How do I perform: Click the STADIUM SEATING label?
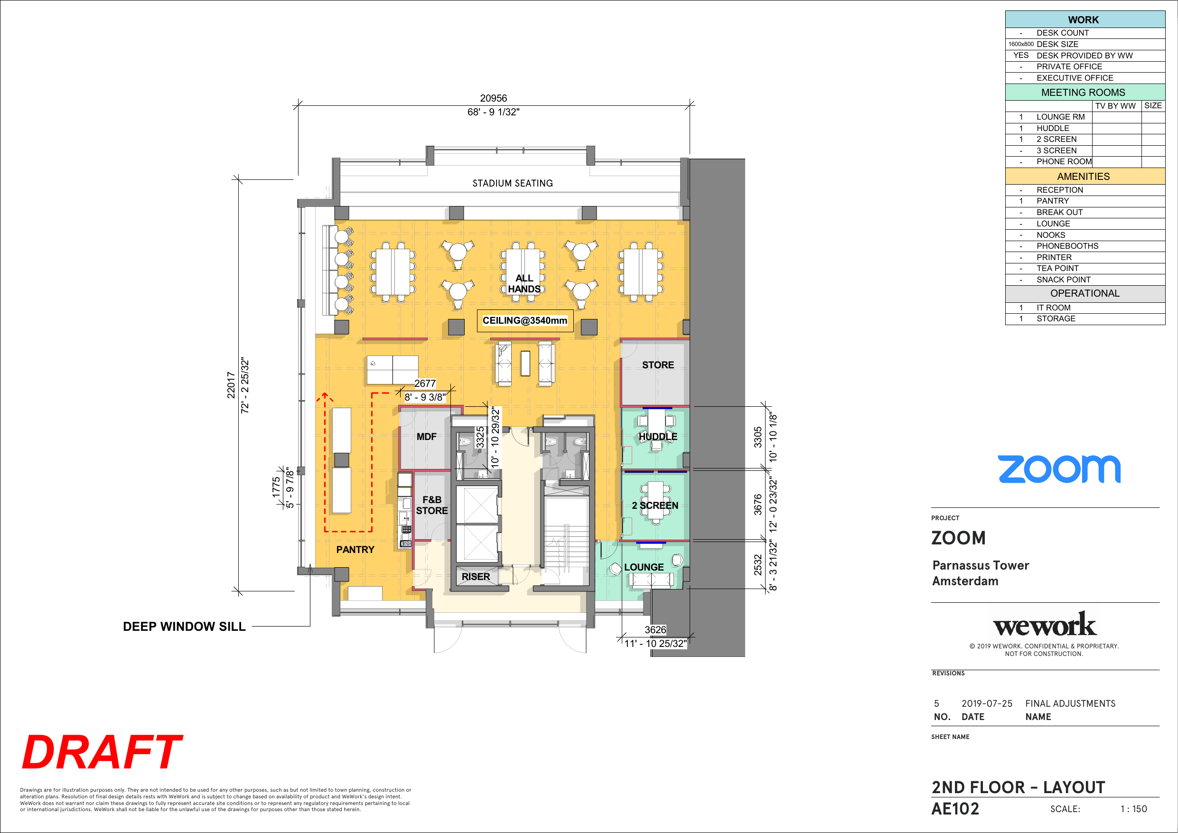(x=513, y=183)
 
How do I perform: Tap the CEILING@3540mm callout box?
(x=525, y=321)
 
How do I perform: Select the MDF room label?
(x=426, y=437)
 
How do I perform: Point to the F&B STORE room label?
(x=431, y=505)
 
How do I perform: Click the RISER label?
(x=476, y=576)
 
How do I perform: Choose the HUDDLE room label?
(x=658, y=437)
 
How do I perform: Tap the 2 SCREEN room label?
(x=654, y=505)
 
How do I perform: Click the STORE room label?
(x=658, y=365)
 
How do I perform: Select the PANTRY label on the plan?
(x=355, y=550)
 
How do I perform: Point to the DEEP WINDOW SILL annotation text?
(x=184, y=626)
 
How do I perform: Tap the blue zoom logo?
(x=1059, y=469)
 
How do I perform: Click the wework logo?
(x=1045, y=624)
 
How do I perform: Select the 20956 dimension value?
(x=493, y=98)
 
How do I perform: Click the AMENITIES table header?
(x=1083, y=177)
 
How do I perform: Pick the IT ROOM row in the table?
(x=1085, y=308)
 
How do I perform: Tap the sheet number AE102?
(x=955, y=809)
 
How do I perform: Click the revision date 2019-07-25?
(x=987, y=704)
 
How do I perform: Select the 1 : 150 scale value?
(x=1133, y=809)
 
